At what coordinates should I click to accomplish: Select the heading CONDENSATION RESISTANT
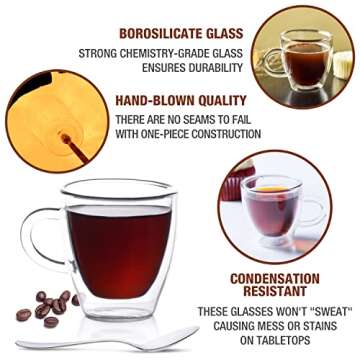[x=281, y=286]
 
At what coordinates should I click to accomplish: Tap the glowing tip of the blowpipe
[x=67, y=139]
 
